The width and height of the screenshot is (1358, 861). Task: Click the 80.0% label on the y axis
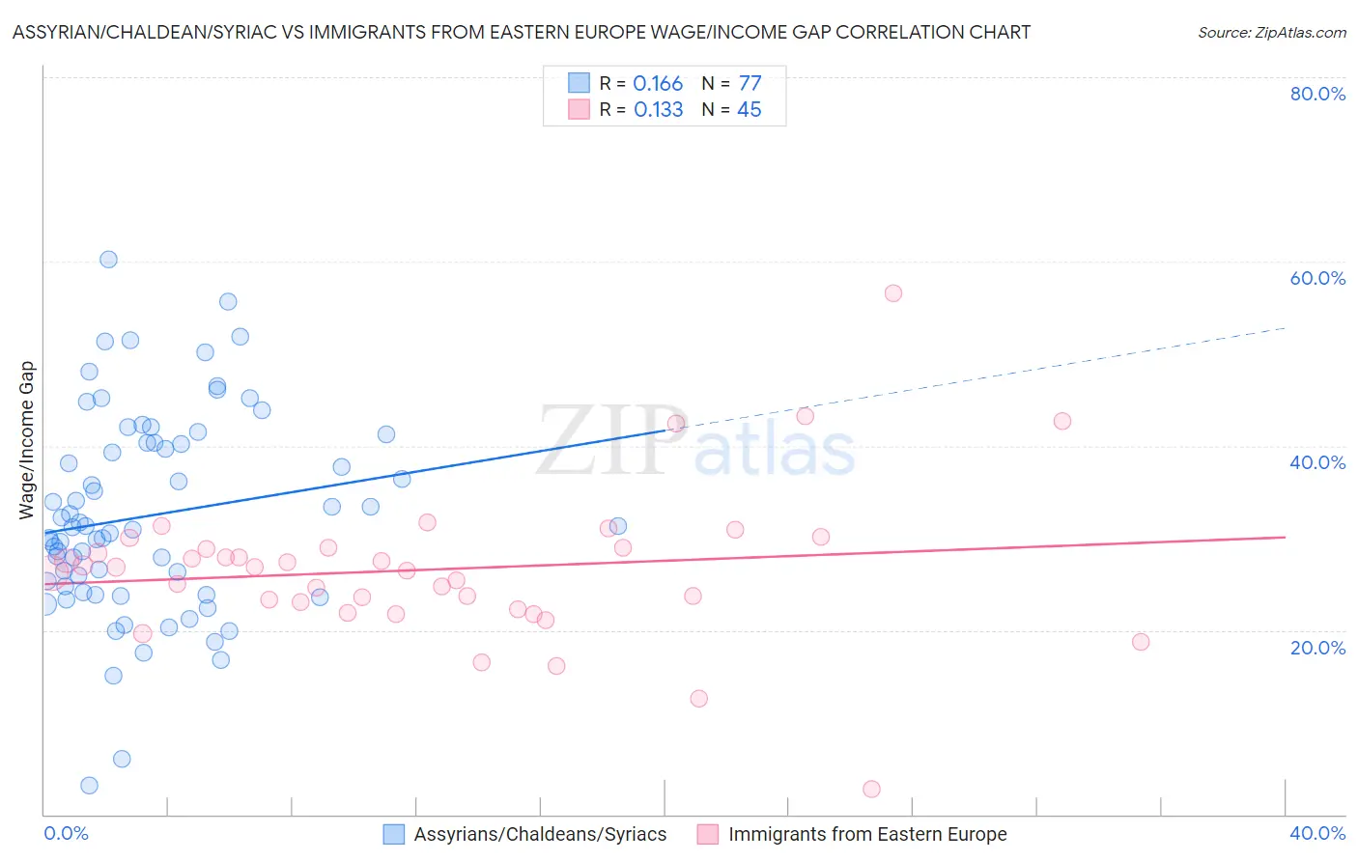(1317, 94)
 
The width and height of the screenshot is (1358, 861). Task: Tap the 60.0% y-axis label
(1317, 278)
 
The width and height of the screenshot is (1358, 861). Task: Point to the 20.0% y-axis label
(1317, 647)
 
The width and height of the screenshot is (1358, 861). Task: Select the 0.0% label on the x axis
(66, 833)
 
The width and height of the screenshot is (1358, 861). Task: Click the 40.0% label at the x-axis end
(1317, 833)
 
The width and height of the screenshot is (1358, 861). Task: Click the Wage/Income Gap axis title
(27, 440)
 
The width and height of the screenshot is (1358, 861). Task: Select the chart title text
(522, 32)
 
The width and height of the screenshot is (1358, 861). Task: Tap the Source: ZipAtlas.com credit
(1271, 32)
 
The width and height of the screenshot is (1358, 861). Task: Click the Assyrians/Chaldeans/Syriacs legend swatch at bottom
(394, 834)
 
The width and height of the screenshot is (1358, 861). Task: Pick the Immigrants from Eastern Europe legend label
(866, 834)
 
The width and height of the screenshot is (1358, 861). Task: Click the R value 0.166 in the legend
(658, 84)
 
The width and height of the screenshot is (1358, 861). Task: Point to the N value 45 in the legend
(749, 110)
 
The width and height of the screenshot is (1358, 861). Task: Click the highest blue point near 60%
(108, 260)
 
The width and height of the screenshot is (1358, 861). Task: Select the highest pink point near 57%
(893, 293)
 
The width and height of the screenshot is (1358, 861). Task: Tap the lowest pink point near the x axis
(871, 789)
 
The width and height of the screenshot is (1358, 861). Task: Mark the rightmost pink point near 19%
(1141, 642)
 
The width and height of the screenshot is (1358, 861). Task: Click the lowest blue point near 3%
(89, 786)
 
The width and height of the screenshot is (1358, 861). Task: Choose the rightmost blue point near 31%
(618, 526)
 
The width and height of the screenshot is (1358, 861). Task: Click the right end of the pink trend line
(1285, 537)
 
